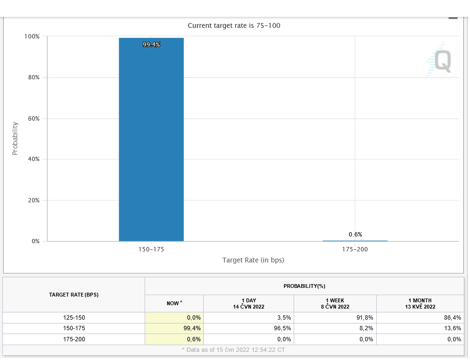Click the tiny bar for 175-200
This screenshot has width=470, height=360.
tap(355, 240)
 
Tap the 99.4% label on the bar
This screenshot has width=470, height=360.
tap(151, 45)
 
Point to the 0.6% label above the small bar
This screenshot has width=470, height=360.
tap(355, 234)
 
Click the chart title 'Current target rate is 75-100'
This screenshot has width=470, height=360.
tap(234, 25)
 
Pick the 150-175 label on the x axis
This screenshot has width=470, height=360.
tap(151, 249)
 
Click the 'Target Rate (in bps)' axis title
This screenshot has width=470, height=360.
tap(253, 260)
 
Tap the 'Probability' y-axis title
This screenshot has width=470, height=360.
tap(15, 138)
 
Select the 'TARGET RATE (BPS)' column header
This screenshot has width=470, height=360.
tap(74, 295)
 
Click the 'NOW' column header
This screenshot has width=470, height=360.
tap(174, 303)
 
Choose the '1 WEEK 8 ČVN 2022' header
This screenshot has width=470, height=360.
tap(335, 303)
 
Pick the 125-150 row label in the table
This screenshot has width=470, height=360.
tap(74, 317)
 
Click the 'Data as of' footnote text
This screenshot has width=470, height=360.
tap(234, 350)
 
